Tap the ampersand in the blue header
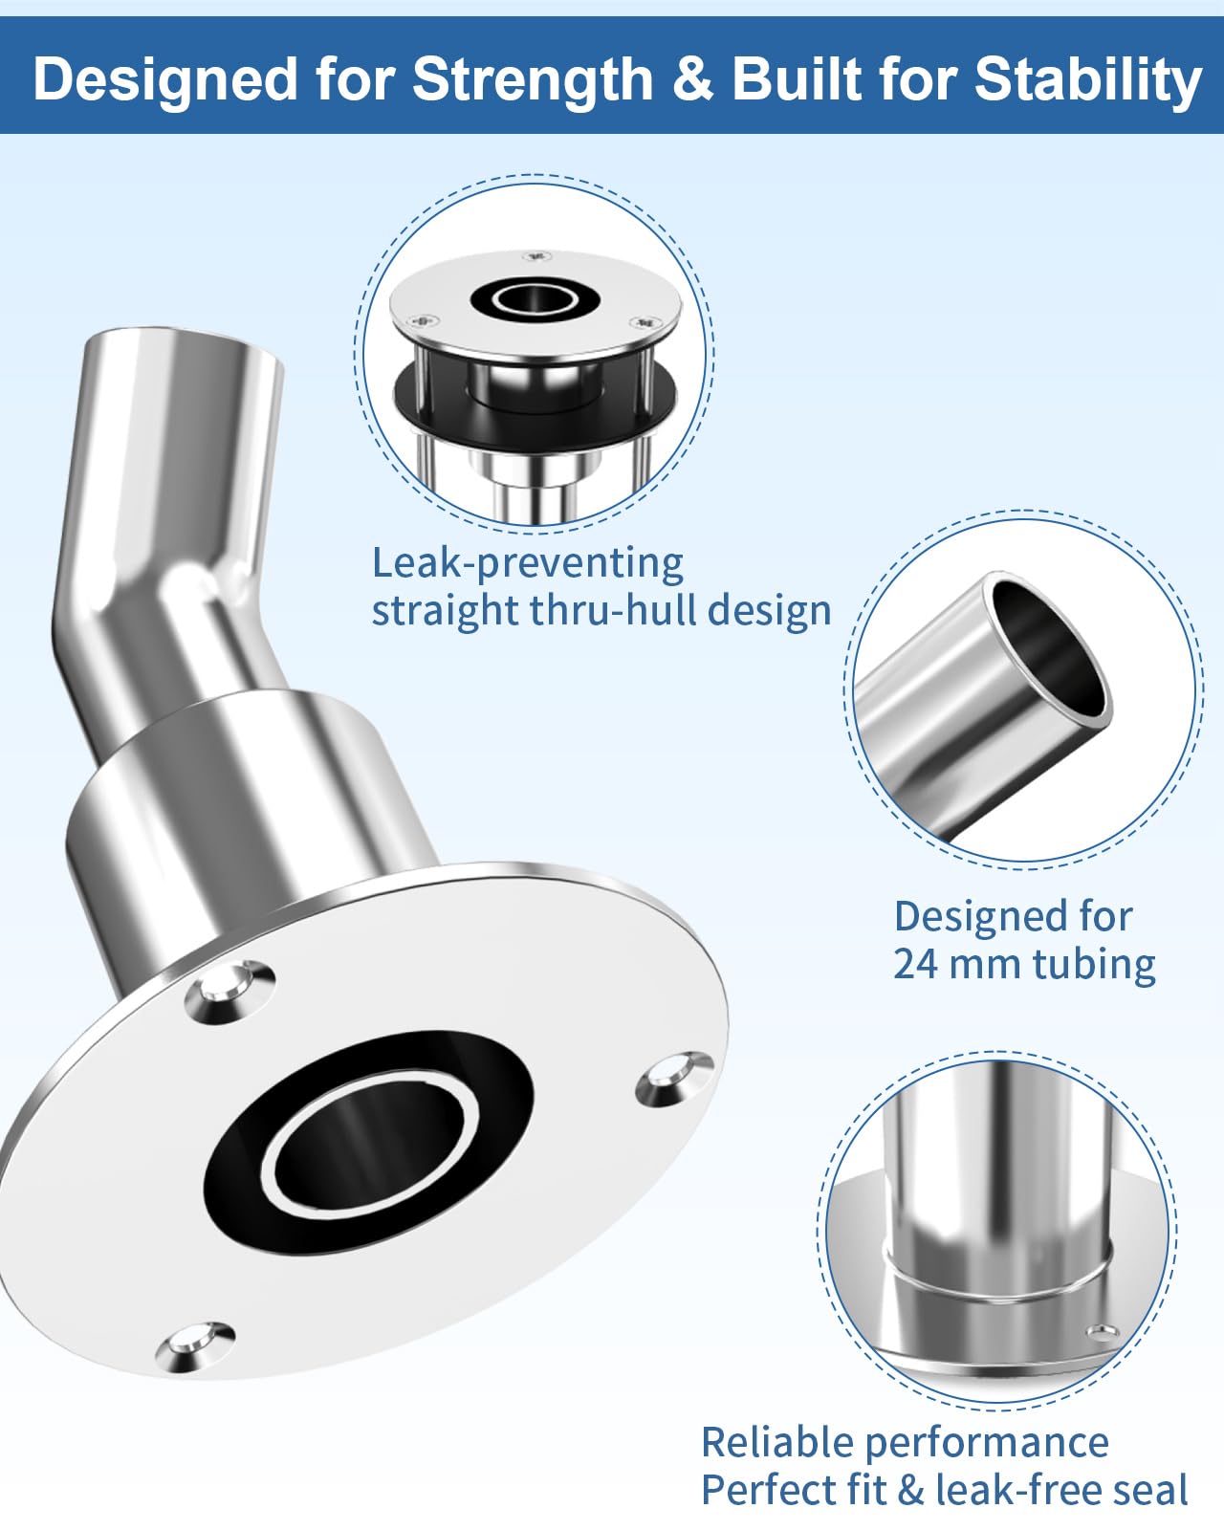(x=692, y=78)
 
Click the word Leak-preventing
(x=528, y=564)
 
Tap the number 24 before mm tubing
(x=915, y=964)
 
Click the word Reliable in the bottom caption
(x=777, y=1443)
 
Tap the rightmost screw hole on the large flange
(x=674, y=1079)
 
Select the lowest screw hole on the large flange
(x=195, y=1344)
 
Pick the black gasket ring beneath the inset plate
(x=535, y=409)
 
